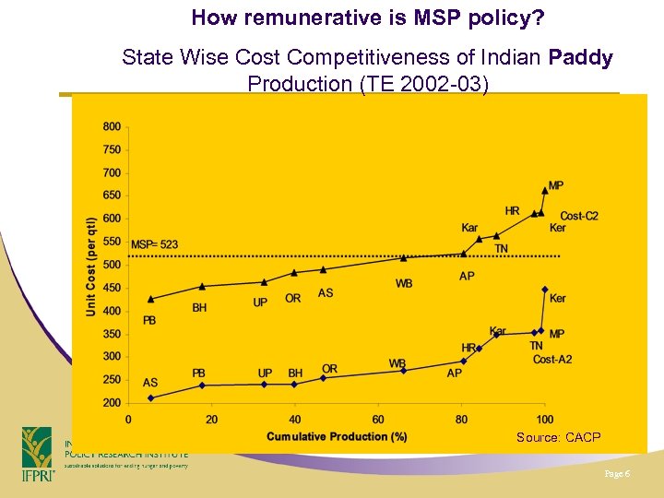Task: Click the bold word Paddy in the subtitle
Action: (580, 58)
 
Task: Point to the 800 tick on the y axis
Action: (112, 126)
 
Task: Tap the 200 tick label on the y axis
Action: (112, 403)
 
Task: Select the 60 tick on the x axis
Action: (378, 420)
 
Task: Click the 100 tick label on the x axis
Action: (545, 420)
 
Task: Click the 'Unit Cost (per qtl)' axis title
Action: (91, 267)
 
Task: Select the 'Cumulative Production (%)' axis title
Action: (337, 436)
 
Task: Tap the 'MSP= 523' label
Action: (154, 244)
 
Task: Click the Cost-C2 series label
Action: (579, 216)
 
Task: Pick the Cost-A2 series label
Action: (551, 359)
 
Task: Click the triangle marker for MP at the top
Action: (545, 190)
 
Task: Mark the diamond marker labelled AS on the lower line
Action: (151, 397)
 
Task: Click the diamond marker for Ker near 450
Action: (545, 290)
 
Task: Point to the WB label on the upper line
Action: (404, 283)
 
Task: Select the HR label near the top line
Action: (512, 211)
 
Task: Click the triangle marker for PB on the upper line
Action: (151, 299)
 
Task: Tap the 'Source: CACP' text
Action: (558, 437)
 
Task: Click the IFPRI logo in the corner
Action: (38, 453)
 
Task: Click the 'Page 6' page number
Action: (616, 474)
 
